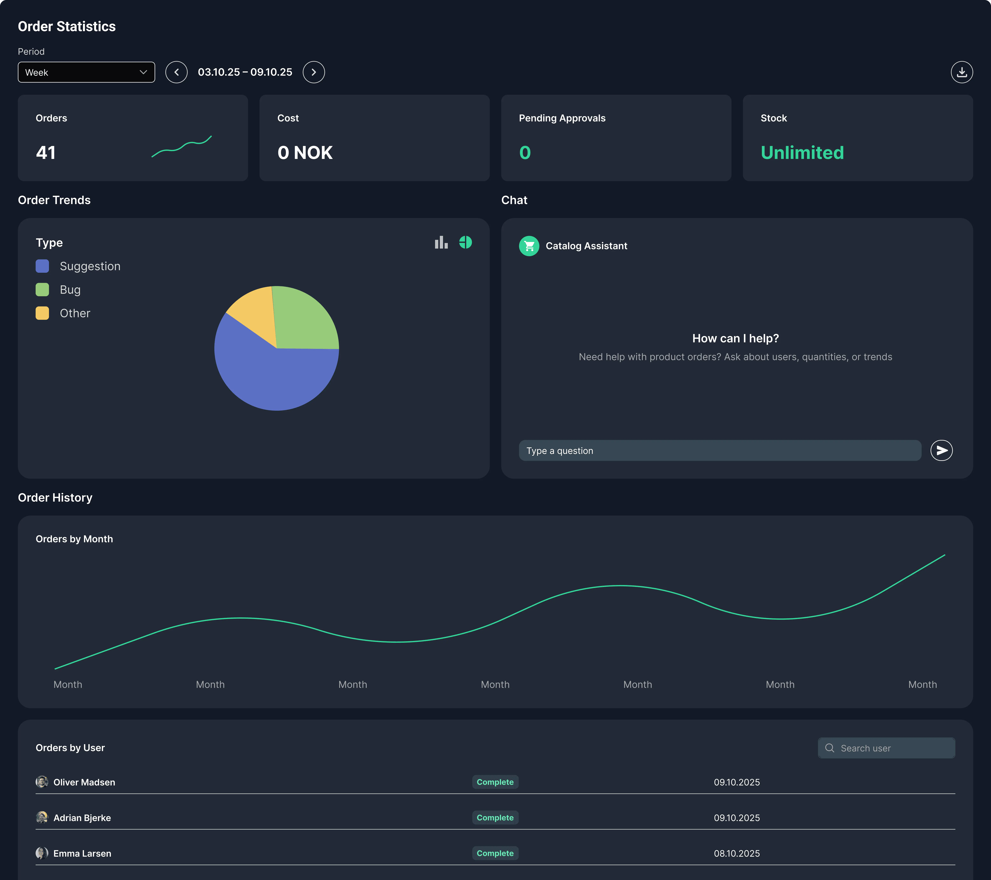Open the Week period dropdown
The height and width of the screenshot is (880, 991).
(x=86, y=72)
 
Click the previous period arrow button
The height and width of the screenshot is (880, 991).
(x=177, y=72)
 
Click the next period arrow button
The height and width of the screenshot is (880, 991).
(x=314, y=72)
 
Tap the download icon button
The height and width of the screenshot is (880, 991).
(x=961, y=72)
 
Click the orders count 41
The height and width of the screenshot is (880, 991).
(x=46, y=153)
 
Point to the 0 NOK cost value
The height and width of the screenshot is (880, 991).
(x=305, y=153)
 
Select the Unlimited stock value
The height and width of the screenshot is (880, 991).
(x=802, y=153)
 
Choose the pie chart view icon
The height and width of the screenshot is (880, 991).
(x=465, y=242)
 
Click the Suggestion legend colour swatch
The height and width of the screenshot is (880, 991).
(x=42, y=266)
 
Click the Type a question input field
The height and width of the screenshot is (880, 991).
(x=720, y=451)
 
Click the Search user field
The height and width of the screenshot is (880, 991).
(x=892, y=748)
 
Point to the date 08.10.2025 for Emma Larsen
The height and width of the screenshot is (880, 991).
(x=736, y=853)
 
